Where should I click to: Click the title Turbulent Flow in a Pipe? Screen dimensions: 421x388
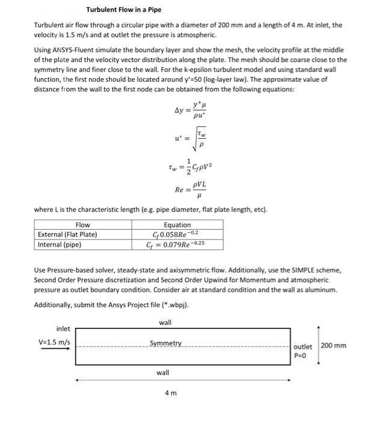(x=123, y=10)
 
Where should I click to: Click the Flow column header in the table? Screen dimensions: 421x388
(x=82, y=225)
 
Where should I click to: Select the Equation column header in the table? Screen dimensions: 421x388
(x=177, y=225)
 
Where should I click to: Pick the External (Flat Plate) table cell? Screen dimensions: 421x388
(x=67, y=235)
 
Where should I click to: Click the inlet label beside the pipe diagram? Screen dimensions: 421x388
(x=63, y=329)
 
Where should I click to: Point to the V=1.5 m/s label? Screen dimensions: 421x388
(x=54, y=342)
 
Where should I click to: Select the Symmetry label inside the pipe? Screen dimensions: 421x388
(x=165, y=343)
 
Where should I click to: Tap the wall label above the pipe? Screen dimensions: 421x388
(x=165, y=322)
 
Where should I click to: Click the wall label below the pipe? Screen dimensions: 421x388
(x=162, y=373)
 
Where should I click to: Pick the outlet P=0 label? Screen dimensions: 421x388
(x=303, y=351)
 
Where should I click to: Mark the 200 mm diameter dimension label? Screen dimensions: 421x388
(x=333, y=345)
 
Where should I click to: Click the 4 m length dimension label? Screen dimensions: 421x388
(x=170, y=393)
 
